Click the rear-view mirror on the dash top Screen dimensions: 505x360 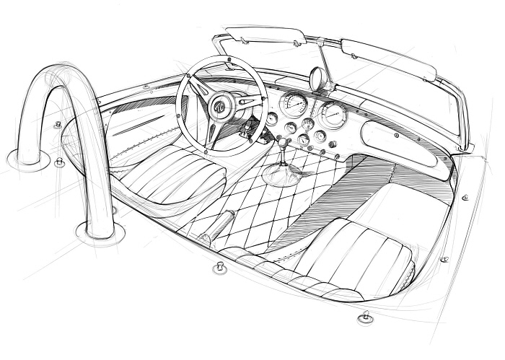317,78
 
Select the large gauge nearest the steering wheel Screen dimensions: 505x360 294,104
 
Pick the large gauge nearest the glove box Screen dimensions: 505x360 333,114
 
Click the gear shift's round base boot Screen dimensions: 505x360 282,175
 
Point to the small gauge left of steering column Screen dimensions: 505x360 271,119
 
